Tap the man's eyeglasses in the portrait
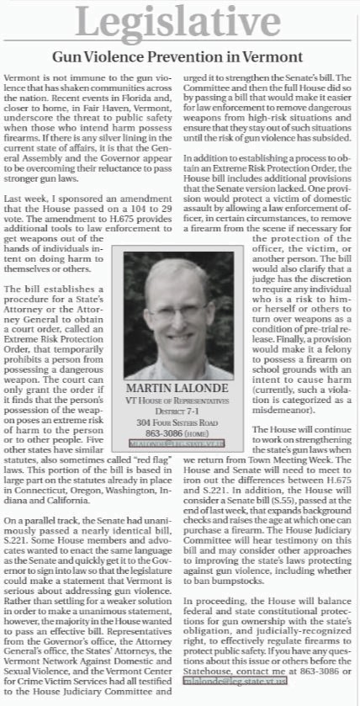(x=181, y=308)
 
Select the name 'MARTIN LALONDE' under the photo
(x=178, y=390)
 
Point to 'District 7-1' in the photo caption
(x=178, y=412)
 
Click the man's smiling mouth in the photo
(x=179, y=331)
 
